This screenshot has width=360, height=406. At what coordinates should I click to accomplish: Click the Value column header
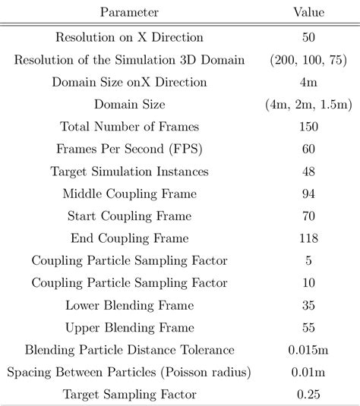click(308, 13)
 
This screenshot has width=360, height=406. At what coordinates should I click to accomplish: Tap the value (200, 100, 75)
click(308, 59)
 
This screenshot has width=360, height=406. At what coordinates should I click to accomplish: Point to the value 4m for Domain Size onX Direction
click(308, 81)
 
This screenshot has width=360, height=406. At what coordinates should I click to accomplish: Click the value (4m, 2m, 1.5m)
click(308, 104)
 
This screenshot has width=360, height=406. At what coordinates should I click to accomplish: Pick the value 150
click(308, 126)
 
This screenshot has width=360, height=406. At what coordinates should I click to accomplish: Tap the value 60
click(308, 149)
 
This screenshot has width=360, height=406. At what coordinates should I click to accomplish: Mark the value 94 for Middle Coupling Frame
click(308, 194)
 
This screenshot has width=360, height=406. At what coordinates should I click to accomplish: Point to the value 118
click(308, 238)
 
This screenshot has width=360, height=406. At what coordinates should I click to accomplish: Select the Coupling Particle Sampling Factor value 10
click(308, 283)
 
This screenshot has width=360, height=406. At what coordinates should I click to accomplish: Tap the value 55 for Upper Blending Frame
click(308, 328)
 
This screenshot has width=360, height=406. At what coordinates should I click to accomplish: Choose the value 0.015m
click(308, 350)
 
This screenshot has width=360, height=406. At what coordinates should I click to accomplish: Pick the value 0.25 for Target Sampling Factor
click(308, 395)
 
